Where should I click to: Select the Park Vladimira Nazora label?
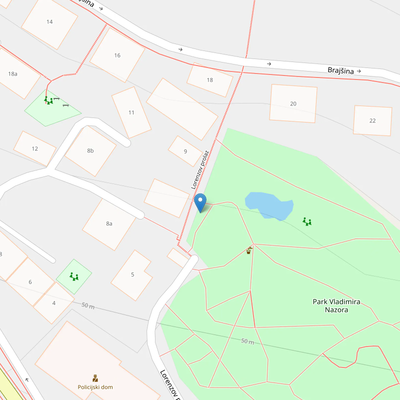336,305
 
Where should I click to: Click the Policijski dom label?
95,387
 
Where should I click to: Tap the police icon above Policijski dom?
95,378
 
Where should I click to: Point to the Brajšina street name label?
340,70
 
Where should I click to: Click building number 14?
49,21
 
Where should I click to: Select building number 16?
117,55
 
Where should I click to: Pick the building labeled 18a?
13,73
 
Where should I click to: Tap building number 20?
293,103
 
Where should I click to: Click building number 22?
372,120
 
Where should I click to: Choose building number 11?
131,112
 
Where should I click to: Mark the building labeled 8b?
90,150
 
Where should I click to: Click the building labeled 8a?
109,223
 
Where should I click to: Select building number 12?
34,148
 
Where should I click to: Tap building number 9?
185,151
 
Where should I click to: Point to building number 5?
132,274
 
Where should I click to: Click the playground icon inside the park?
307,221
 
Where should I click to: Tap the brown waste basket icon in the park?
249,250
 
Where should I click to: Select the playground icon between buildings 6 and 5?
74,276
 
